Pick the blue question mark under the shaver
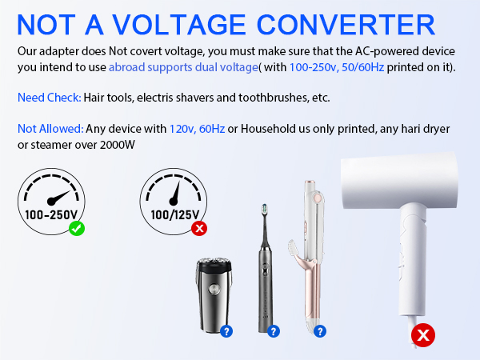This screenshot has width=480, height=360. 226,330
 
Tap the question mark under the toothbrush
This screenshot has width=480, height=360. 274,330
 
